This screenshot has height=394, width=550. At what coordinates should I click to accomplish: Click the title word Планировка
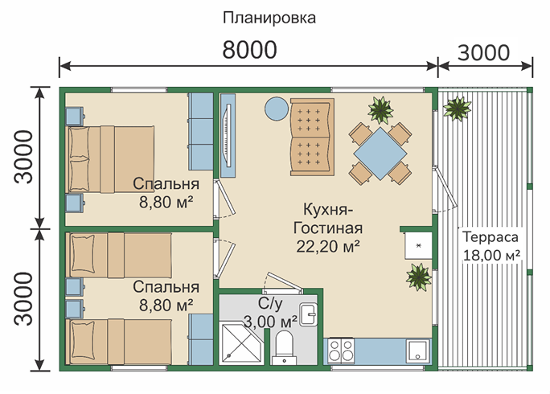point(269,18)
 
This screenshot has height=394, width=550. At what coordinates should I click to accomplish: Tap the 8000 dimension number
point(249,50)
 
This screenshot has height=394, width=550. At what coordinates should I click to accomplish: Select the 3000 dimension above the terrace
point(483,52)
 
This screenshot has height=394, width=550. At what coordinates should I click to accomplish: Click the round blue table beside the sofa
point(277,109)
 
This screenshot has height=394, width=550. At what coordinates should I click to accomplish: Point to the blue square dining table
point(380,154)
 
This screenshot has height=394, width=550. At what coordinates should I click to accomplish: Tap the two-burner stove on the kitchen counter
point(341,351)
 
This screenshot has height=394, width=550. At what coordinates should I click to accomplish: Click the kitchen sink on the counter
point(417,351)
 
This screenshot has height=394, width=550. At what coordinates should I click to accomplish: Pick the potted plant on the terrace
point(457,108)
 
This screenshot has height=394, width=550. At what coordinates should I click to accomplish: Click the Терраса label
point(490,237)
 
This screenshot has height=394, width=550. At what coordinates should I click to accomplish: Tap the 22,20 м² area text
point(328,246)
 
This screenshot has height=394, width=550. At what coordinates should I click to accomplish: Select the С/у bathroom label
point(270,304)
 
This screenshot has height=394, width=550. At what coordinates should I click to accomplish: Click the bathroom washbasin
point(308,314)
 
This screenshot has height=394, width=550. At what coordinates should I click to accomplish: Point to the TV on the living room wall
point(228,135)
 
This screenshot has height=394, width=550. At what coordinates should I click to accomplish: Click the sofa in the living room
point(312,137)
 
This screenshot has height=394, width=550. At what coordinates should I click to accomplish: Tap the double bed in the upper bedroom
point(110,159)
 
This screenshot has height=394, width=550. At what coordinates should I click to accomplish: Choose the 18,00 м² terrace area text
point(491,255)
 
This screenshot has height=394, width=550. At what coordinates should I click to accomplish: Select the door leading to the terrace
point(444,190)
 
